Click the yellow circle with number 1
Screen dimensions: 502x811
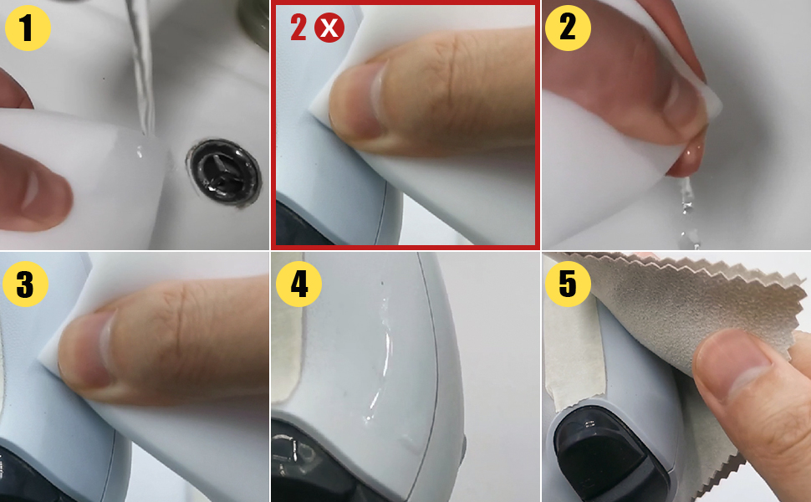click(x=28, y=28)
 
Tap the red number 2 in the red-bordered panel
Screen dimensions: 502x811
click(x=298, y=28)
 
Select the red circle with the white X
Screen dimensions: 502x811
click(x=329, y=28)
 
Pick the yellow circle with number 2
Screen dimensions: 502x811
click(x=568, y=28)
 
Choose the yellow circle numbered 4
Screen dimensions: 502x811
click(x=298, y=284)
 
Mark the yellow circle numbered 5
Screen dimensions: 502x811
click(x=568, y=284)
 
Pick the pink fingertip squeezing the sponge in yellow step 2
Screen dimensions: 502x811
click(x=687, y=155)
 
